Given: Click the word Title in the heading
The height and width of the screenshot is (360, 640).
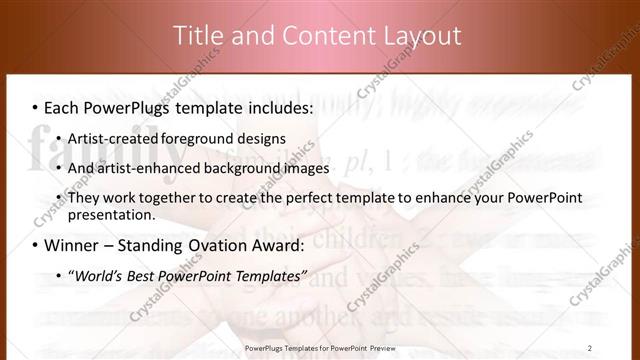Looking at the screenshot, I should point(197,36).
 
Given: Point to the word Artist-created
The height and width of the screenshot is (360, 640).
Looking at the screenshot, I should point(112,138).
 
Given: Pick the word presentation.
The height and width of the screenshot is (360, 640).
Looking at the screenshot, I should point(111,214).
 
